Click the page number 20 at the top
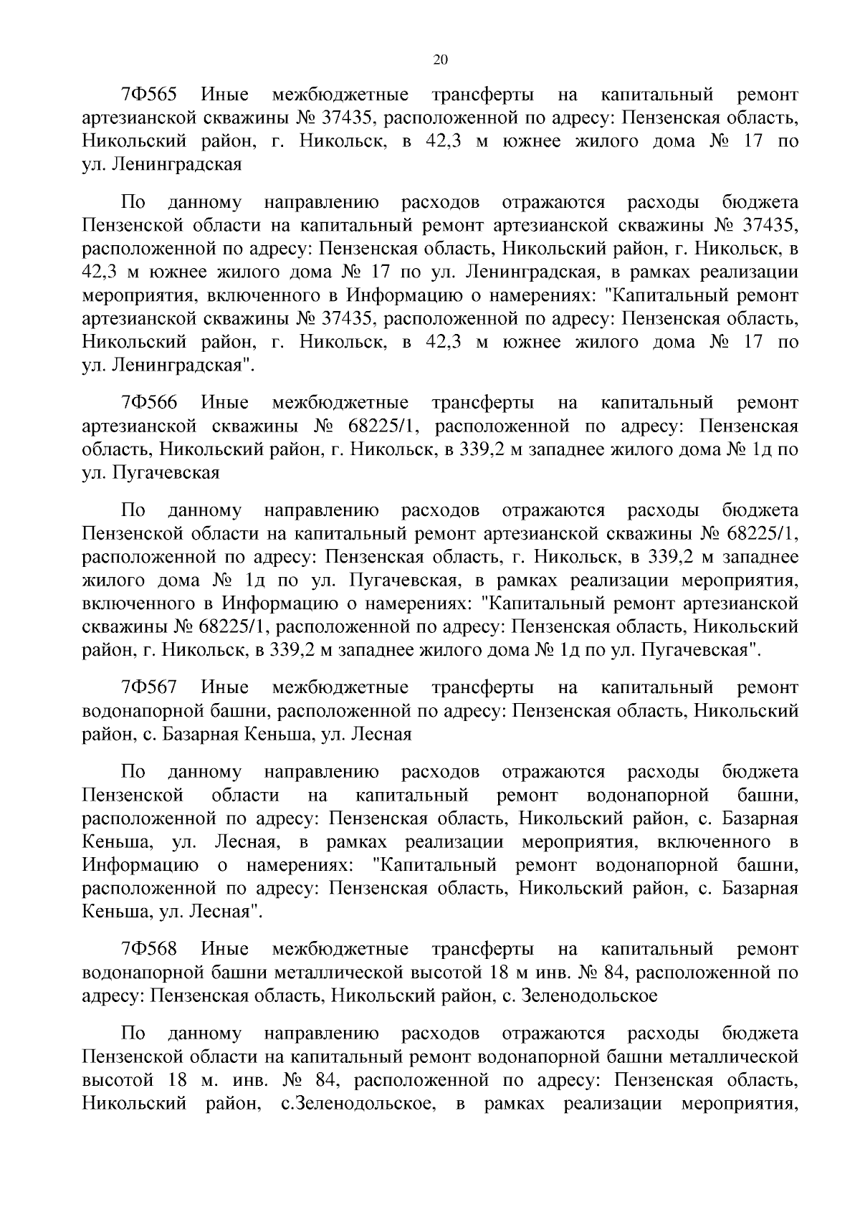440,60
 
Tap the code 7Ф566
150,403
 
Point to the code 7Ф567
150,687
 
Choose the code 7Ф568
150,949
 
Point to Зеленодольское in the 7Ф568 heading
590,996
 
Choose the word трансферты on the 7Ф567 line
482,687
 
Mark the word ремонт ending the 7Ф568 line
767,949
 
